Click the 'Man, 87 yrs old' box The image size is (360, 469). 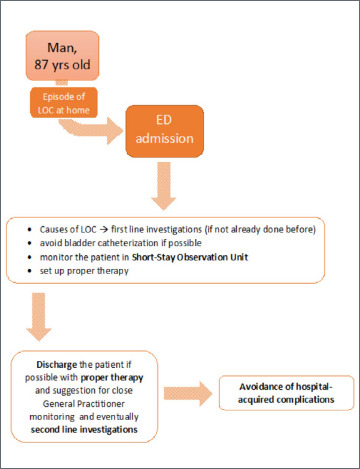(62, 56)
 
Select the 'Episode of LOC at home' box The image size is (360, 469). (64, 103)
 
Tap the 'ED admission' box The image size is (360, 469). (164, 131)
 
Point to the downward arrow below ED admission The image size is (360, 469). (164, 186)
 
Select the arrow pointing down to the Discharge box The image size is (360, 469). (39, 317)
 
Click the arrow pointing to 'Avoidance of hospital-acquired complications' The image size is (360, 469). (188, 394)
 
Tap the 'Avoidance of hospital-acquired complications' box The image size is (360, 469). (286, 393)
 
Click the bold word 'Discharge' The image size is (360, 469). (57, 365)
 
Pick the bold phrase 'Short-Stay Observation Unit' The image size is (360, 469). (190, 257)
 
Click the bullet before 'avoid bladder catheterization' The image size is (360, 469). (30, 243)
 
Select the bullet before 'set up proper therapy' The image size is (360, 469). (30, 271)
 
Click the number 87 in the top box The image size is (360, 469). (41, 64)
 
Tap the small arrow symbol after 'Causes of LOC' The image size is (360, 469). (104, 230)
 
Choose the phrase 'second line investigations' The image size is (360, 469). (84, 430)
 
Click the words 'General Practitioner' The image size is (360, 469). (84, 404)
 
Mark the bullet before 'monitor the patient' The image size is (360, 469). (30, 257)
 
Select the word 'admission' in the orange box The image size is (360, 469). (164, 138)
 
